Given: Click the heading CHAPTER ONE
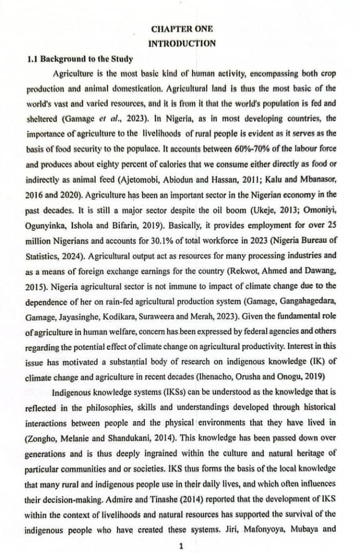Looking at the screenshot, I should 182,29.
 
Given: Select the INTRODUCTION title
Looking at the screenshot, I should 182,44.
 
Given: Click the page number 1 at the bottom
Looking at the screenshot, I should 180,546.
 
